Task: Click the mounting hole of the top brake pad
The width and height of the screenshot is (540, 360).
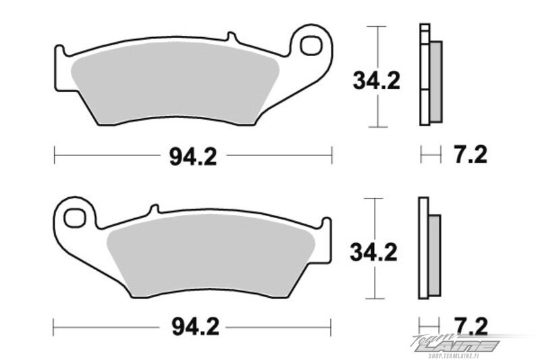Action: (310, 45)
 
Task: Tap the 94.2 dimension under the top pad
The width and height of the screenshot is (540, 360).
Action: (193, 157)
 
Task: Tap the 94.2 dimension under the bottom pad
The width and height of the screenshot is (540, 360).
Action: (195, 327)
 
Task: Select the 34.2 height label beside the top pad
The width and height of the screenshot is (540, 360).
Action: (377, 81)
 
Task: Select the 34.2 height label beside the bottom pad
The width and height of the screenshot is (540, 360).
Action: (374, 252)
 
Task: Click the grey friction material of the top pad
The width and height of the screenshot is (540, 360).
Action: (175, 82)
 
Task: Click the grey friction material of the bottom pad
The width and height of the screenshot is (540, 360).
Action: (211, 255)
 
